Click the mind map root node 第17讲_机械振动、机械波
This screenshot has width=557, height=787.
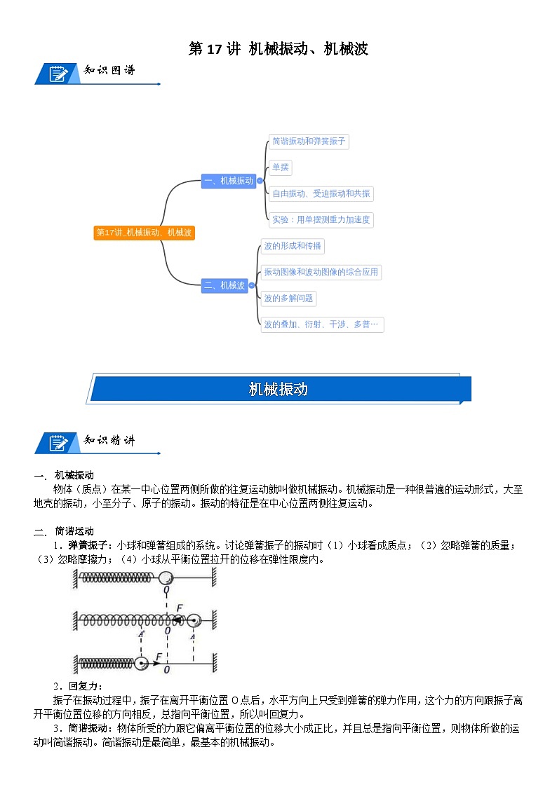(x=144, y=233)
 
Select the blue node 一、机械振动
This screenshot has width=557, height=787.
(x=228, y=181)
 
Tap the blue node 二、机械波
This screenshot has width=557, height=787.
(x=224, y=285)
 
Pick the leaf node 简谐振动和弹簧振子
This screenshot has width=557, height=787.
(x=309, y=142)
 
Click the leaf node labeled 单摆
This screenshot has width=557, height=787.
(x=281, y=168)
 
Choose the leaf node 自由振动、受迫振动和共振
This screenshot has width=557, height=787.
(x=321, y=194)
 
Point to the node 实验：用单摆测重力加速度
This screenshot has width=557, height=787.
(x=321, y=220)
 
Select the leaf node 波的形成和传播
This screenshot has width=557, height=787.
(x=292, y=246)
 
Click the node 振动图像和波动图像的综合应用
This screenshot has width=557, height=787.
(x=321, y=272)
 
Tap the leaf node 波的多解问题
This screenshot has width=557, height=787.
(x=288, y=299)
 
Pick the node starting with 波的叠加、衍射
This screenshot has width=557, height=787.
(x=321, y=324)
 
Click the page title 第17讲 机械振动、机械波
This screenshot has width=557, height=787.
(x=278, y=49)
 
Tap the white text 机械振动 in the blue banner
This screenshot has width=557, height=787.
(x=278, y=390)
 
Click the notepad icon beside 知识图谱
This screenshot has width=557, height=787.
(x=58, y=73)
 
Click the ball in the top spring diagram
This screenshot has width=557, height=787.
(x=166, y=577)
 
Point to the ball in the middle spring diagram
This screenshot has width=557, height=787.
(x=193, y=620)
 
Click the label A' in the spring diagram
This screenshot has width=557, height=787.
(x=142, y=635)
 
